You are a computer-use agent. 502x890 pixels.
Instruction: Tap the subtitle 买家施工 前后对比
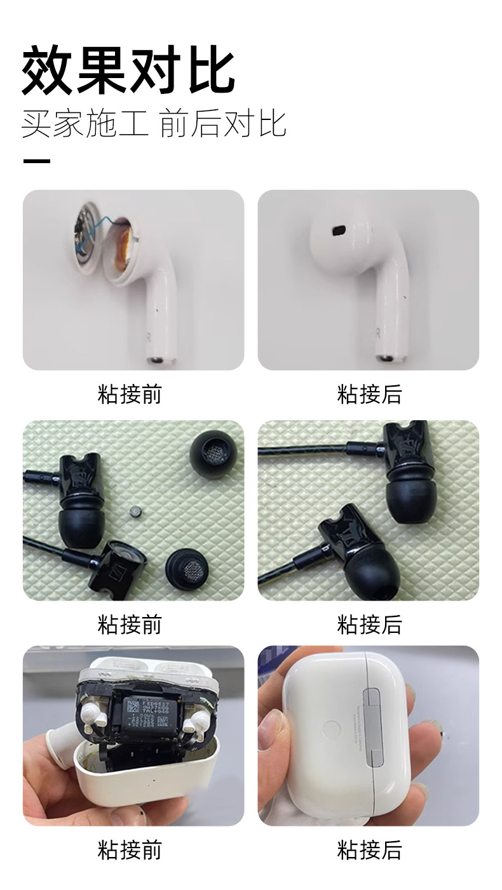coord(154,123)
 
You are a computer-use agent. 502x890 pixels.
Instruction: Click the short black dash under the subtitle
coord(36,161)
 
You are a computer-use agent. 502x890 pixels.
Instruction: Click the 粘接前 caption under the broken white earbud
coord(130,394)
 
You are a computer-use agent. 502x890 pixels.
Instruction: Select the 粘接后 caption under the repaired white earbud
coord(369,394)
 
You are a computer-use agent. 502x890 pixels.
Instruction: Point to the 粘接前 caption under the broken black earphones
coord(130,624)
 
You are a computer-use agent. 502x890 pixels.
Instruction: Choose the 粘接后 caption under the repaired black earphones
coord(369,624)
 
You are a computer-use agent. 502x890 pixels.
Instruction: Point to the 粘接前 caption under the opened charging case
coord(130,849)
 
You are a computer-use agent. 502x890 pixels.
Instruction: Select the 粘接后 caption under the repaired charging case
coord(369,849)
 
